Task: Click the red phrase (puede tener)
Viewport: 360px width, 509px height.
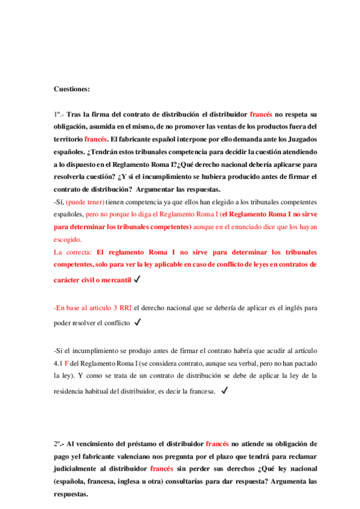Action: [x=85, y=202]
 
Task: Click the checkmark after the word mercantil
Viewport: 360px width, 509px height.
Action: [x=138, y=279]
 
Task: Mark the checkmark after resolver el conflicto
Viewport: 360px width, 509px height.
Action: [x=138, y=322]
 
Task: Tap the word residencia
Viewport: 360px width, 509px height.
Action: [x=70, y=390]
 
